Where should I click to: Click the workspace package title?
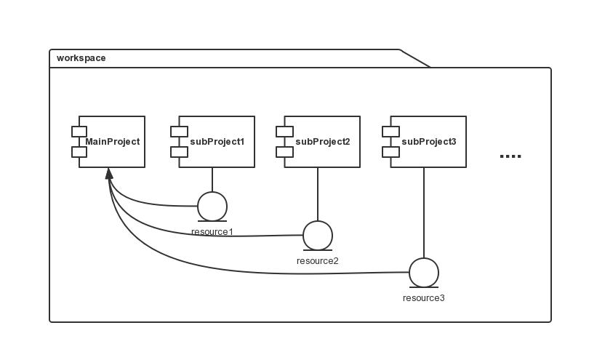[x=81, y=58]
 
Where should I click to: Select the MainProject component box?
[x=112, y=142]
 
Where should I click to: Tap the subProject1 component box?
[x=217, y=142]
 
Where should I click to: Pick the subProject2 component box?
[x=322, y=142]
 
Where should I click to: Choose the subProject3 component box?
[x=428, y=142]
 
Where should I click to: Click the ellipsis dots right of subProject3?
[x=511, y=156]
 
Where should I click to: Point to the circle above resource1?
[x=212, y=206]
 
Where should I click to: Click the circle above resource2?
[x=318, y=235]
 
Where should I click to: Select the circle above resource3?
[x=424, y=273]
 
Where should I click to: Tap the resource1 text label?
[x=212, y=232]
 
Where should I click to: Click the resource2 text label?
[x=318, y=260]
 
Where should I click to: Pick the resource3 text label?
[x=424, y=298]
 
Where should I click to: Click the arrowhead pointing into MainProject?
[x=109, y=173]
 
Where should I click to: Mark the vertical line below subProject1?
[x=212, y=180]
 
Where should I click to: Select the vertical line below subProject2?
[x=318, y=194]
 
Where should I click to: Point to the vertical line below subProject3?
[x=424, y=212]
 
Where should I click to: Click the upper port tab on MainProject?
[x=79, y=132]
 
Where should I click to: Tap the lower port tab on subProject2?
[x=284, y=152]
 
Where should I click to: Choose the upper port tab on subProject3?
[x=390, y=132]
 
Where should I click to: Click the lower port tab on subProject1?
[x=179, y=152]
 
